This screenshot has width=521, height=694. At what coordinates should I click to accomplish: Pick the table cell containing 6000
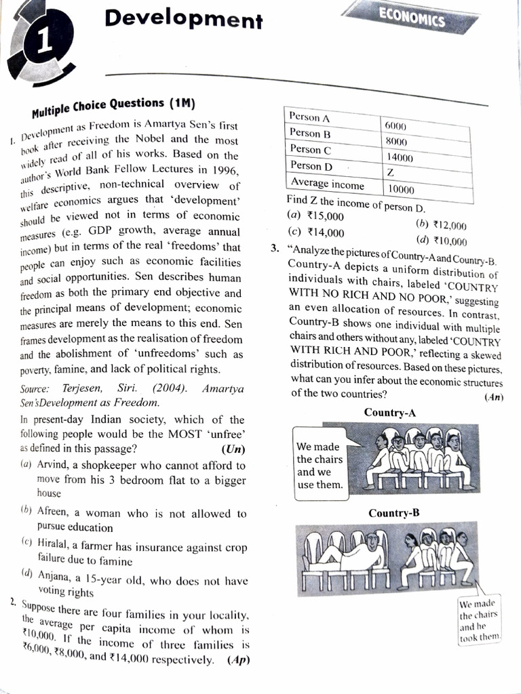pos(395,126)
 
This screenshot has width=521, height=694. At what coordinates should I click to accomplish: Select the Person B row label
pos(310,133)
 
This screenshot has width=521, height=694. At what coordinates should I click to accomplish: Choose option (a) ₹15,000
pos(315,217)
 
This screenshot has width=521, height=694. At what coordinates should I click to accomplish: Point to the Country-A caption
pos(390,412)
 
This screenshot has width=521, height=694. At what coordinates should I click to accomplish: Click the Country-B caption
pos(394,513)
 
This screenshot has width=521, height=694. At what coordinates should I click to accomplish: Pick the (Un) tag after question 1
pos(233,449)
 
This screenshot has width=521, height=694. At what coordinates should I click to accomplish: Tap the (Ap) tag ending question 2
pos(238,660)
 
